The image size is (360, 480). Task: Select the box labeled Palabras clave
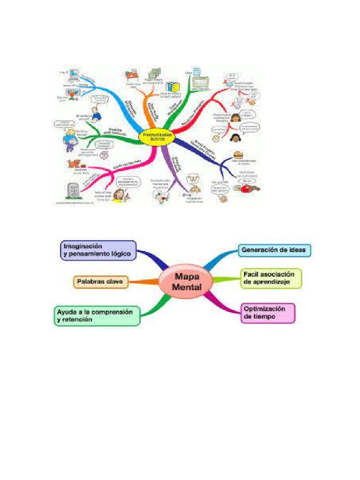(100, 282)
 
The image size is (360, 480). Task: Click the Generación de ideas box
(274, 250)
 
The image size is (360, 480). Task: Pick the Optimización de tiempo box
(268, 313)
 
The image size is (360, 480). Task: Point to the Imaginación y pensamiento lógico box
(98, 250)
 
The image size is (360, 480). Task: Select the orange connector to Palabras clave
(143, 282)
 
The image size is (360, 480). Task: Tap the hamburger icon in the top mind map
(238, 155)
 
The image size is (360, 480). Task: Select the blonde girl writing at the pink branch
(119, 195)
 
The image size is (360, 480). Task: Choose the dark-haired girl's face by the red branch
(235, 137)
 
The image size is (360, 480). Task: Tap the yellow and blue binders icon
(172, 87)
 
